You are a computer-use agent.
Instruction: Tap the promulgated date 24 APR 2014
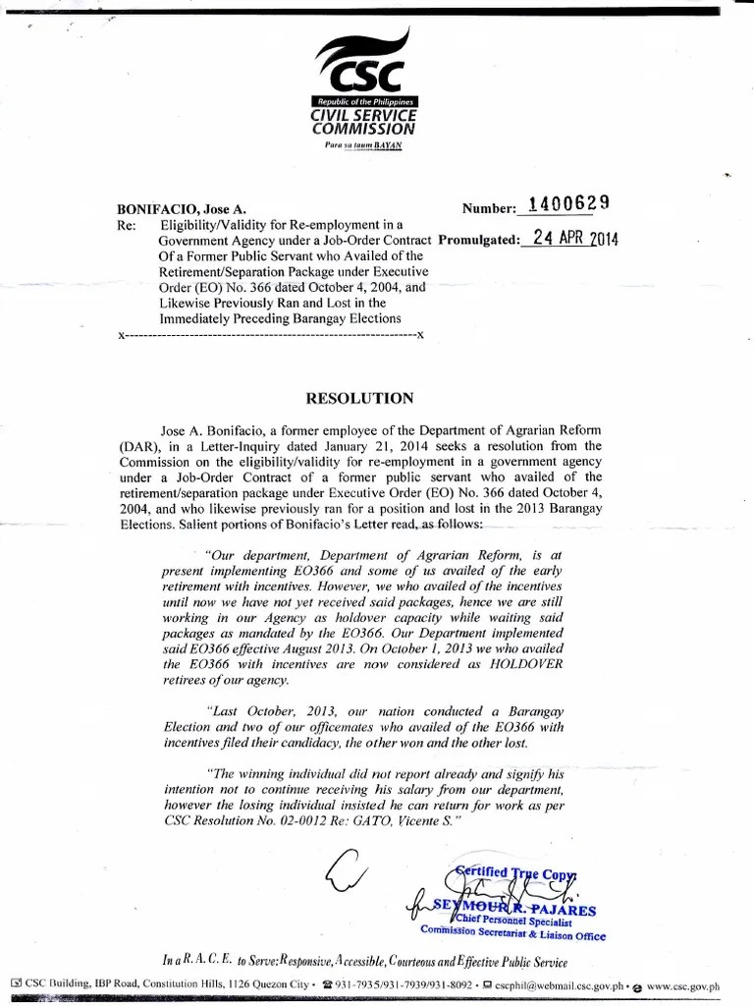(568, 239)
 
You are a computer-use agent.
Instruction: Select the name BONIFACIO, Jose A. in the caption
(182, 209)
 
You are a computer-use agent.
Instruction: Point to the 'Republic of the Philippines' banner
(364, 103)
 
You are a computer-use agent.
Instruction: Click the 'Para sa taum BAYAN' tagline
(363, 145)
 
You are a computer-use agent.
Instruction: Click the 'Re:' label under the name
(125, 225)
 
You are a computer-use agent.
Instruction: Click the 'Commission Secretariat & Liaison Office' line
(513, 936)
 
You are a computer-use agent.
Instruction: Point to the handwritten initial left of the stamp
(351, 869)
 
